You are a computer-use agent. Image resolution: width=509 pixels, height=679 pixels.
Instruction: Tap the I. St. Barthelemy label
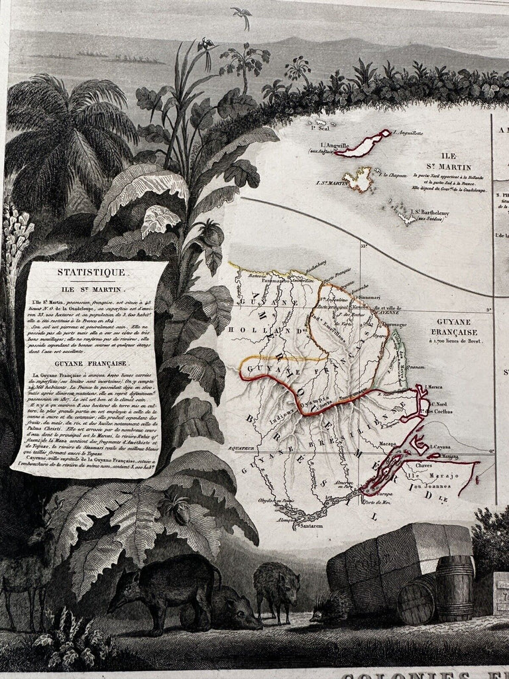(x=431, y=214)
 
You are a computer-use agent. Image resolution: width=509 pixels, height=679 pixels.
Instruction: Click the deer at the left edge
(x=27, y=570)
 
